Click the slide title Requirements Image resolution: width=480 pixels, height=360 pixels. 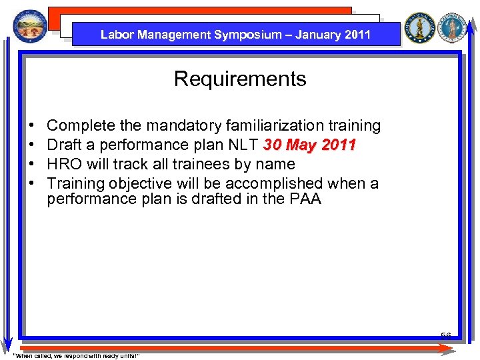240,79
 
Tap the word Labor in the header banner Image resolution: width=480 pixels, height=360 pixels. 116,35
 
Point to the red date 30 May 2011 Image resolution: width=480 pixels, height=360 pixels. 310,145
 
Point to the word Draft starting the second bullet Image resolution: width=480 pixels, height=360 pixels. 65,145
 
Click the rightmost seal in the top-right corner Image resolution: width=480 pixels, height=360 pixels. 455,28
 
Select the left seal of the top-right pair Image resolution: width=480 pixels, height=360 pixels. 420,28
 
